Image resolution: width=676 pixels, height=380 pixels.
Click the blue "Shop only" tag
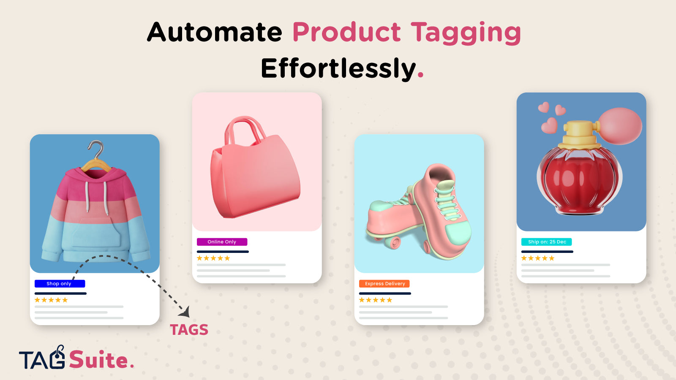tap(60, 283)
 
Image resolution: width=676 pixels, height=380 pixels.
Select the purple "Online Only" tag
tap(222, 242)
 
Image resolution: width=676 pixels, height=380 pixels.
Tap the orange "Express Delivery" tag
tap(384, 283)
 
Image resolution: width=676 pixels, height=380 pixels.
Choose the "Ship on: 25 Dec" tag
tap(547, 242)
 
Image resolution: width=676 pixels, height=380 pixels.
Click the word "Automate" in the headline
tap(215, 32)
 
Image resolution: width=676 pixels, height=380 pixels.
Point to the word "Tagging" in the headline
tap(466, 33)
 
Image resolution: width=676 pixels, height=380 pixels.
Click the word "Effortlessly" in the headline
tap(338, 68)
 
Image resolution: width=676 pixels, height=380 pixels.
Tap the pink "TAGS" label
tap(189, 330)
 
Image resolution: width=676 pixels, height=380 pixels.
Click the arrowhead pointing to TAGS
tap(185, 312)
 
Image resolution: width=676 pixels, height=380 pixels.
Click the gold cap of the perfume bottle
tap(579, 135)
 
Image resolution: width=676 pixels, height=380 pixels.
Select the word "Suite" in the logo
tap(98, 359)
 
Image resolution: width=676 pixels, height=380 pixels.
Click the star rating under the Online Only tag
tap(213, 258)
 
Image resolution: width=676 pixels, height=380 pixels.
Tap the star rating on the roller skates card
tap(376, 300)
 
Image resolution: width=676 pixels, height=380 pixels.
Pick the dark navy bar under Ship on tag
tap(547, 252)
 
